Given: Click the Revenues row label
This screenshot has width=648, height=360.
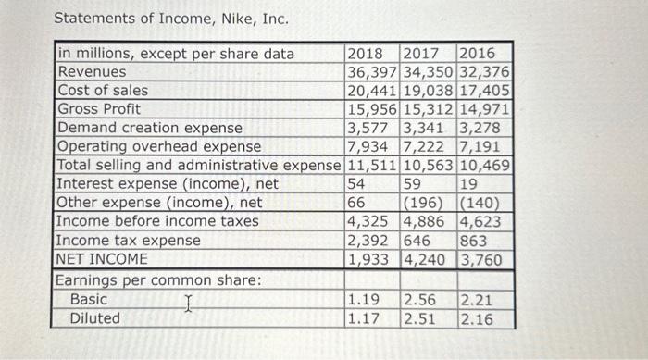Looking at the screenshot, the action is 93,72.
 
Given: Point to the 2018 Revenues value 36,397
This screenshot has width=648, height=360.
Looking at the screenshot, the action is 372,72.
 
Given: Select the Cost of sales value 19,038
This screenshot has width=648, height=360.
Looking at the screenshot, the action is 429,91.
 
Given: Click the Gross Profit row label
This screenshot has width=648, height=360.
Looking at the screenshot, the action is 99,109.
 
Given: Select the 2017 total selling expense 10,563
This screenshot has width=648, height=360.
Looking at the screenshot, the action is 429,166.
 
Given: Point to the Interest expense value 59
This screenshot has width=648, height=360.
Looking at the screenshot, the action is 415,184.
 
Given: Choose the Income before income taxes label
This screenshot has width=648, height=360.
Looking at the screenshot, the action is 158,221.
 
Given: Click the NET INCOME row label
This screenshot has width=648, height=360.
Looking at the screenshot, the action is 102,259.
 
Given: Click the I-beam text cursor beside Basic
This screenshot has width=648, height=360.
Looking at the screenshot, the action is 188,302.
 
